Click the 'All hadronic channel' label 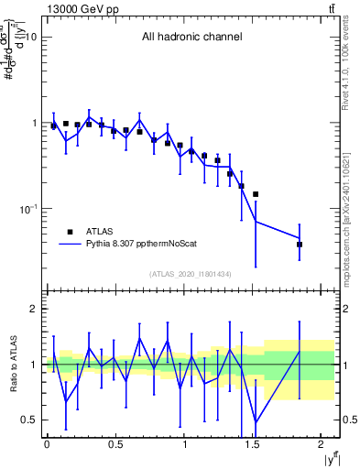point(191,38)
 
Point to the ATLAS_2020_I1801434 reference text point(191,274)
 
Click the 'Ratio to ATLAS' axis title point(12,365)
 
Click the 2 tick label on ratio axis point(34,309)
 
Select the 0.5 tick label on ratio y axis point(30,420)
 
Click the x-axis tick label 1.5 point(255,444)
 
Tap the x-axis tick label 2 point(323,444)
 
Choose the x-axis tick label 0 point(47,444)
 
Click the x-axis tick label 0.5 point(115,444)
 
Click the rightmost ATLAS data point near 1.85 point(300,245)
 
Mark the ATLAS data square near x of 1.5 point(256,194)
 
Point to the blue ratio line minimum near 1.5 point(256,421)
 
